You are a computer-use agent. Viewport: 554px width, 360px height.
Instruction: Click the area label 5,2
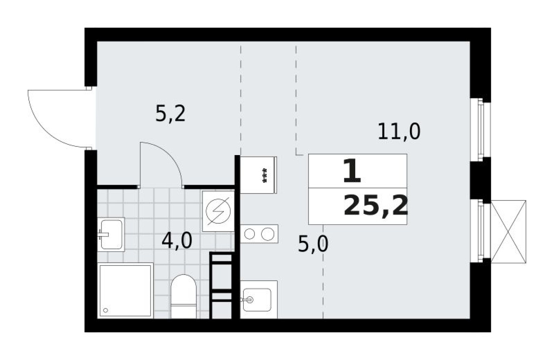(170, 114)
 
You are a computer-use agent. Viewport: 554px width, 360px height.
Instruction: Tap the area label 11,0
(399, 132)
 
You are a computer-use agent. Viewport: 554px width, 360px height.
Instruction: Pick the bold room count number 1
(351, 172)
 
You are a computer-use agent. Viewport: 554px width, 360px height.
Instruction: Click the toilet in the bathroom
(183, 296)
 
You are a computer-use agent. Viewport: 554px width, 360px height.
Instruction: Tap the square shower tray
(125, 290)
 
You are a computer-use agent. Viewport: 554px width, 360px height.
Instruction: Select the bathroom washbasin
(111, 234)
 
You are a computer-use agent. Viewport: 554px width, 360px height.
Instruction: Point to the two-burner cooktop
(259, 234)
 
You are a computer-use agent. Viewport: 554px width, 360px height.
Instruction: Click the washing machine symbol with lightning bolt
(218, 211)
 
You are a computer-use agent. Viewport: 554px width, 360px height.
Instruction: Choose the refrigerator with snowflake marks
(259, 175)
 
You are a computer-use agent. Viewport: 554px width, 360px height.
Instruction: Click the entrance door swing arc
(53, 119)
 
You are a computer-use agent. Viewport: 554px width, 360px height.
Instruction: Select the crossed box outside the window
(508, 232)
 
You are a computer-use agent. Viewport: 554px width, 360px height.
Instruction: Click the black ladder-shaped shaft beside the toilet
(221, 285)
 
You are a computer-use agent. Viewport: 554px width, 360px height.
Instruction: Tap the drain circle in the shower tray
(106, 310)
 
